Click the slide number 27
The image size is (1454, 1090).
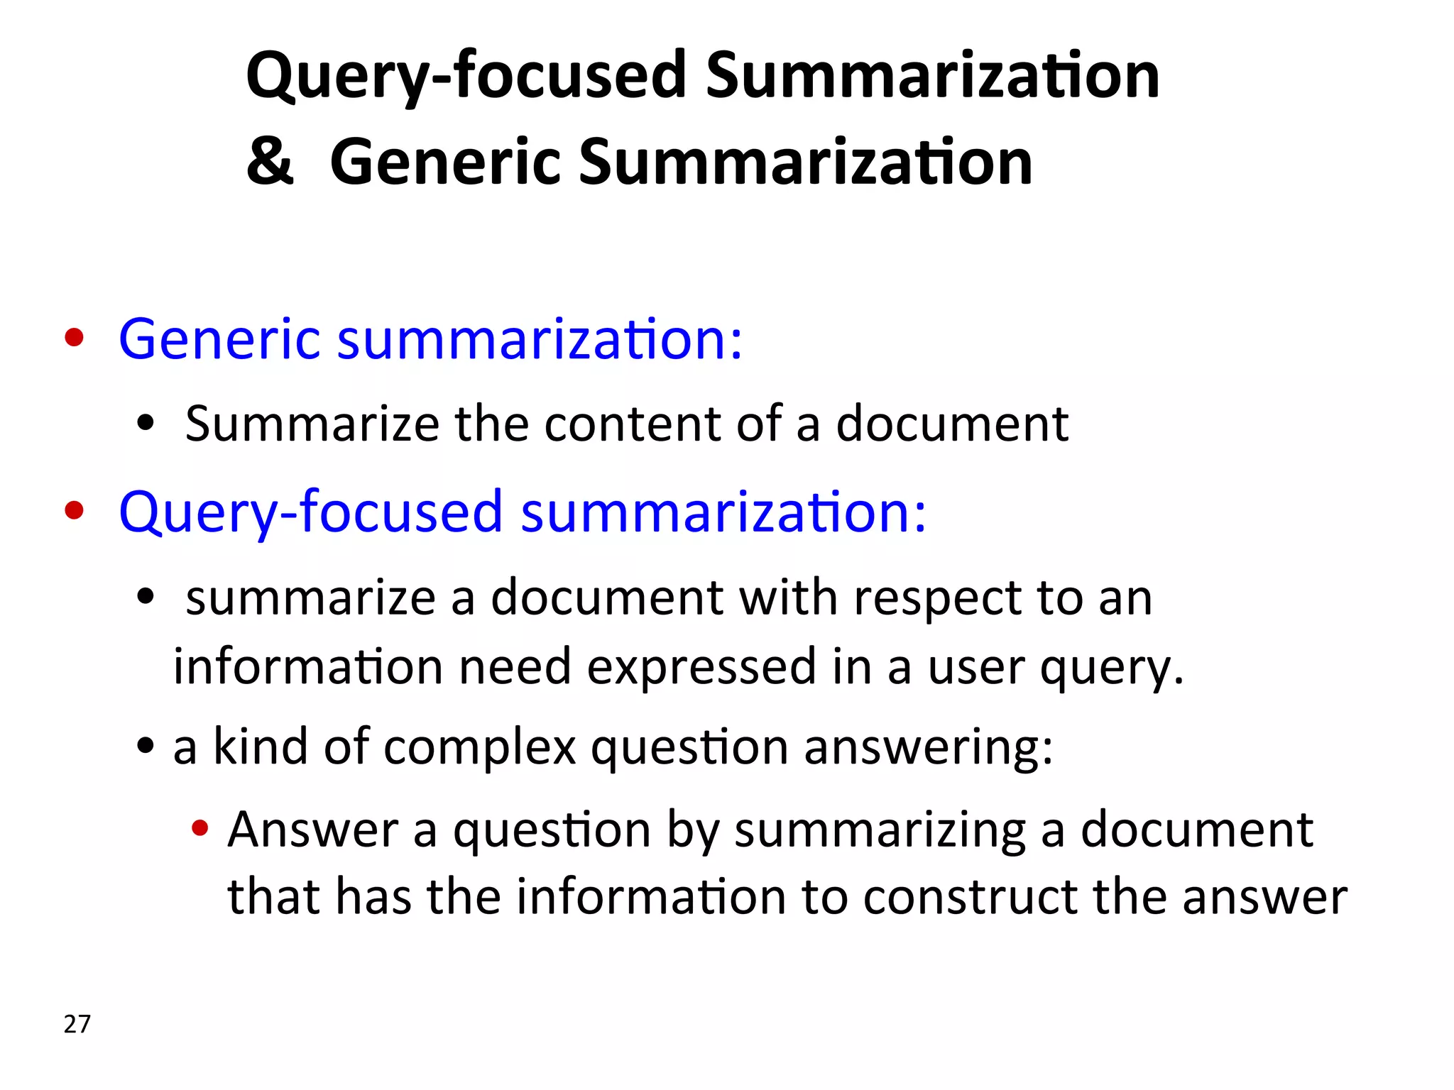tap(77, 1024)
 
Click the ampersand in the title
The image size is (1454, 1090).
tap(270, 162)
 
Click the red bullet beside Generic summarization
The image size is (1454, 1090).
tap(74, 338)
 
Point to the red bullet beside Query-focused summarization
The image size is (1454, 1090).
tap(74, 510)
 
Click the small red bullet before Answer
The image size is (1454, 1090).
tap(200, 827)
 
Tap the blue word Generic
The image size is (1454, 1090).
tap(219, 339)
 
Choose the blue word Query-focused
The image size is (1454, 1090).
tap(311, 512)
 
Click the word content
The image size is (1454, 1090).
tap(633, 424)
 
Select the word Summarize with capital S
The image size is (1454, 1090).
tap(312, 424)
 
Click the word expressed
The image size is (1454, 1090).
tap(701, 667)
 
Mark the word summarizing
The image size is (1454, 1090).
tap(880, 830)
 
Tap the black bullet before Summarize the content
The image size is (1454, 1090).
tap(146, 424)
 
